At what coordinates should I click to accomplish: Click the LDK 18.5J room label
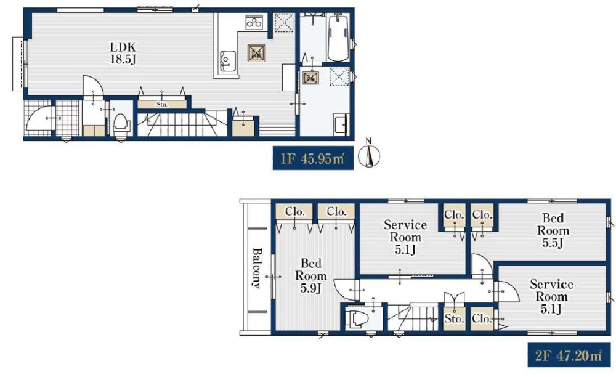click(x=123, y=53)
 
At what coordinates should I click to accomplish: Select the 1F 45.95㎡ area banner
click(x=313, y=158)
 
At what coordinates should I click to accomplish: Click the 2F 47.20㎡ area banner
click(x=569, y=355)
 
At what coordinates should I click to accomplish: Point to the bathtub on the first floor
click(x=338, y=38)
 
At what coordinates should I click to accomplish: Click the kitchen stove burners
click(x=254, y=22)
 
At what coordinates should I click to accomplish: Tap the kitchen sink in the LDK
click(x=227, y=61)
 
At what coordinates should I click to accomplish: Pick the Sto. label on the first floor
click(x=162, y=105)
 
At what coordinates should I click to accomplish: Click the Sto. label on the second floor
click(x=454, y=318)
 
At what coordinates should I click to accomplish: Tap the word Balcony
click(x=256, y=268)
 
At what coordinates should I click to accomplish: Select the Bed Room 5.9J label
click(x=310, y=275)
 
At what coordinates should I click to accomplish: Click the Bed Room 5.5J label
click(x=553, y=230)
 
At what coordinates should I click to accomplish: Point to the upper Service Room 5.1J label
click(x=405, y=237)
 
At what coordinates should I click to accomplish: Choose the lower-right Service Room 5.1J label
click(x=551, y=296)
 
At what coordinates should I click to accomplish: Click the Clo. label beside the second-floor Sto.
click(x=482, y=318)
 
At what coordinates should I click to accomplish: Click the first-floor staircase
click(x=182, y=123)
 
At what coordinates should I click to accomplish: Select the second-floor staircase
click(x=413, y=317)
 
